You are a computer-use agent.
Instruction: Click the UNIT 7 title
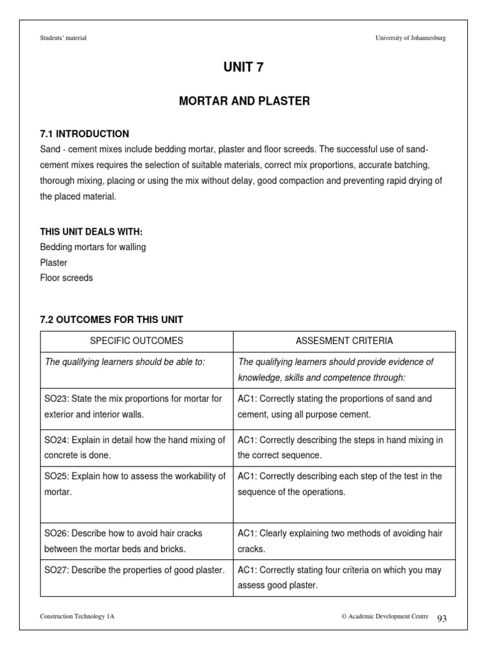pyautogui.click(x=243, y=68)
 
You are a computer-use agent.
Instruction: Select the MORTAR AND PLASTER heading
pyautogui.click(x=243, y=102)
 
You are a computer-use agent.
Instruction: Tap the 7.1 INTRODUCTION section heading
pyautogui.click(x=84, y=134)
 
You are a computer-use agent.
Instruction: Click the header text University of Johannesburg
pyautogui.click(x=410, y=38)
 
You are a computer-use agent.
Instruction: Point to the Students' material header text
pyautogui.click(x=63, y=38)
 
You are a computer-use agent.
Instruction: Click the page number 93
pyautogui.click(x=442, y=618)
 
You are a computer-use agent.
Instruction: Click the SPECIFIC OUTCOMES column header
pyautogui.click(x=136, y=341)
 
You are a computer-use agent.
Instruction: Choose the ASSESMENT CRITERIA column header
pyautogui.click(x=344, y=341)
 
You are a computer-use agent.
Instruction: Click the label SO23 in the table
pyautogui.click(x=56, y=399)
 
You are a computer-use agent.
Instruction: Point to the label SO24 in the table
pyautogui.click(x=56, y=440)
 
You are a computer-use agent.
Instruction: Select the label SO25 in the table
pyautogui.click(x=56, y=476)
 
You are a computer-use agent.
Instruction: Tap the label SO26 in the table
pyautogui.click(x=56, y=533)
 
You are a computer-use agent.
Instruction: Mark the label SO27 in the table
pyautogui.click(x=56, y=570)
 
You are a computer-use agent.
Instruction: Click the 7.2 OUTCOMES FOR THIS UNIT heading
pyautogui.click(x=111, y=319)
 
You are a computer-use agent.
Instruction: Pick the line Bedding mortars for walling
pyautogui.click(x=93, y=247)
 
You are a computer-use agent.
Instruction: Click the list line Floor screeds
pyautogui.click(x=66, y=277)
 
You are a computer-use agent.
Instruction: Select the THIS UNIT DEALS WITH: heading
pyautogui.click(x=91, y=232)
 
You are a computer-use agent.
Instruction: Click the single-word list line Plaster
pyautogui.click(x=53, y=262)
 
